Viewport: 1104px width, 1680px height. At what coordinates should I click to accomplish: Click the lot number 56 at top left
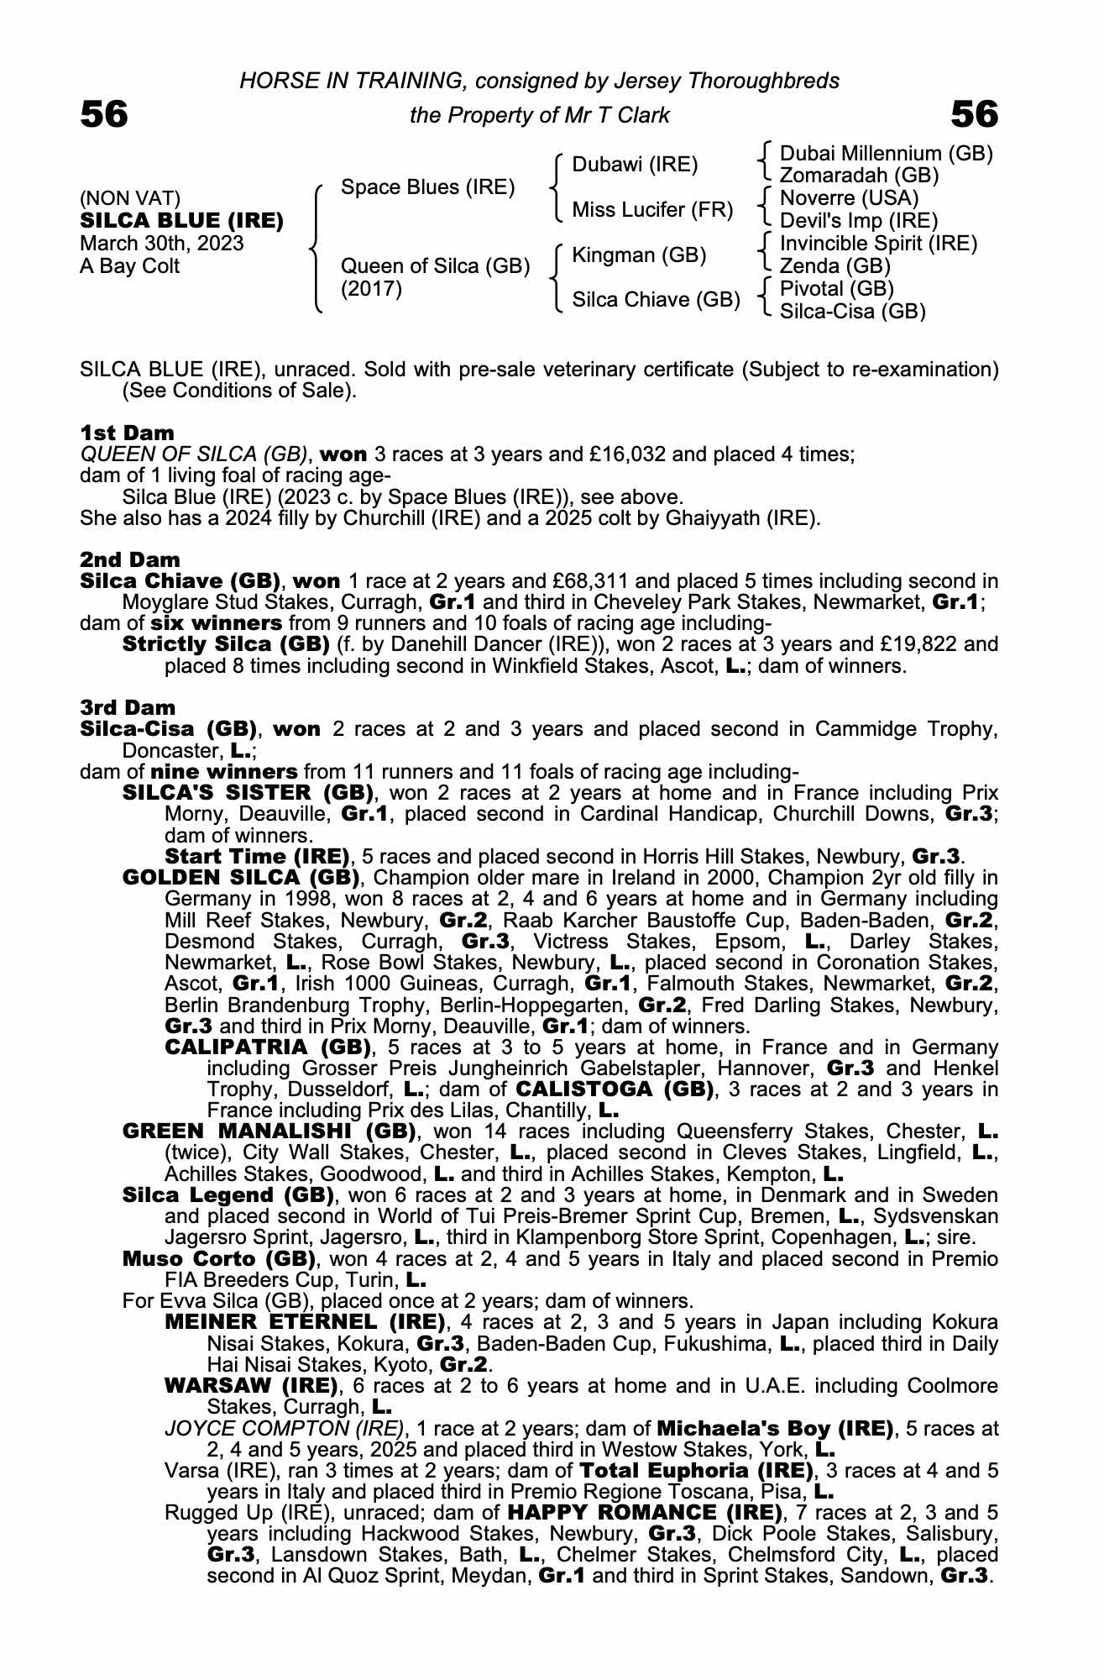point(104,114)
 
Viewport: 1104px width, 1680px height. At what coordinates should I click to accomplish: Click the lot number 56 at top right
point(974,114)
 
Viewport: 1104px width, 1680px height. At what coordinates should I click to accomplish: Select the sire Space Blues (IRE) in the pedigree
point(427,186)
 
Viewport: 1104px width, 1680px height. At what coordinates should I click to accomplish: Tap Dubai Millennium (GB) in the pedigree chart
point(886,154)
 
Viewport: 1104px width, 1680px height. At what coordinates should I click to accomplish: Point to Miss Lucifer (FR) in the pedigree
point(652,209)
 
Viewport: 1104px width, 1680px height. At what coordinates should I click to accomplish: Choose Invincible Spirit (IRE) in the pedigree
point(878,244)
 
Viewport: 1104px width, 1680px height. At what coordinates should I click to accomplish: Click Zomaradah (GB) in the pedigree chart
point(859,176)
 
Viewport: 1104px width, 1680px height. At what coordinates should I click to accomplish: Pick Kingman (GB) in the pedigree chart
point(638,255)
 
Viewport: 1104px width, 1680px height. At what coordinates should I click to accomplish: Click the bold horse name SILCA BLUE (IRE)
point(181,221)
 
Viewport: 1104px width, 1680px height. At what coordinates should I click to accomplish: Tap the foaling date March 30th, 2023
point(161,244)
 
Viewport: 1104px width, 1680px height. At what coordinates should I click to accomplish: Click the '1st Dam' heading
point(127,433)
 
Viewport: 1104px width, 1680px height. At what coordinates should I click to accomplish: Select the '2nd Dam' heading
point(129,559)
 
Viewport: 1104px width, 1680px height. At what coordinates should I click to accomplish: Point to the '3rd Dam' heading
point(128,707)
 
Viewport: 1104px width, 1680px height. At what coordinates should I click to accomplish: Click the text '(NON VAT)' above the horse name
point(130,198)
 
